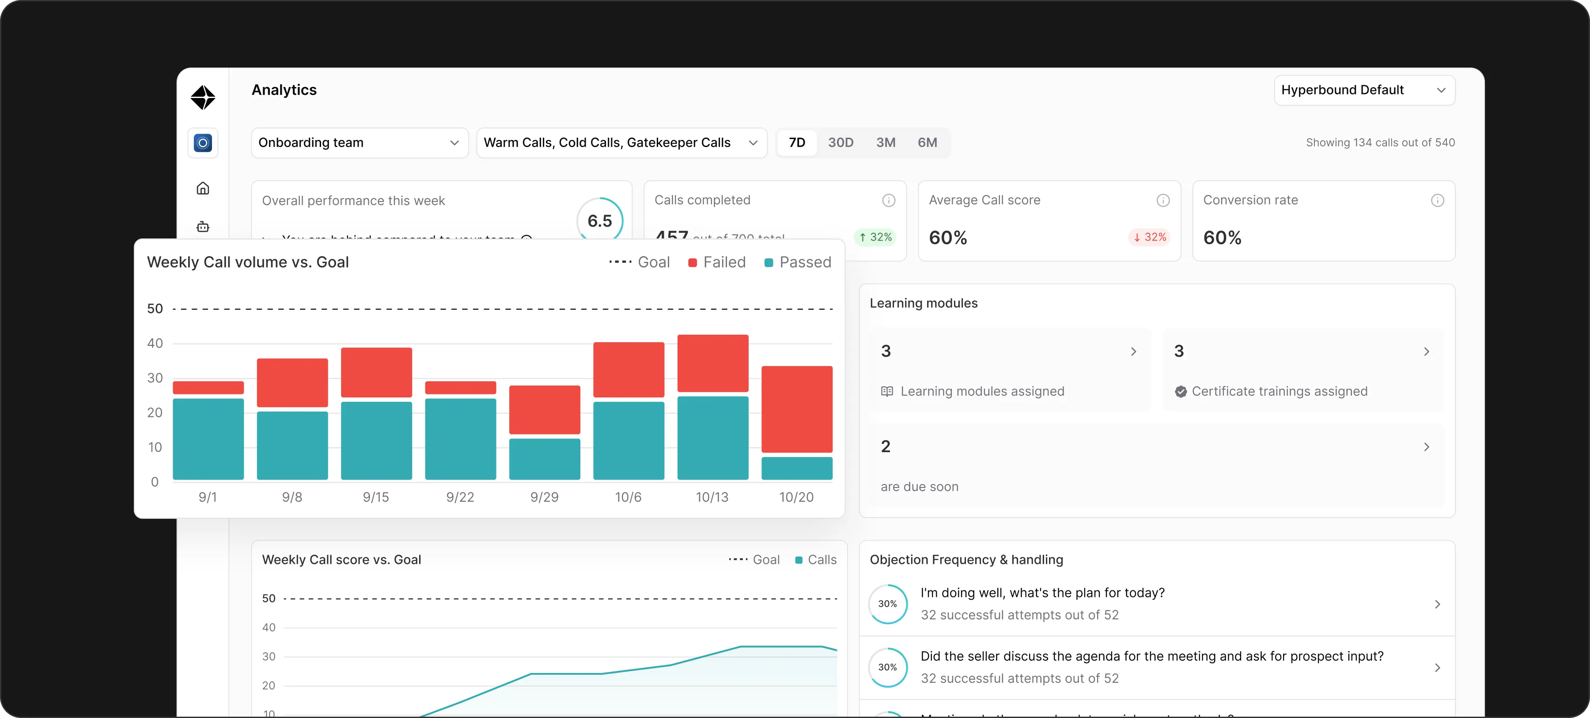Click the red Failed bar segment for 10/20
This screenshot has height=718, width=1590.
[x=797, y=409]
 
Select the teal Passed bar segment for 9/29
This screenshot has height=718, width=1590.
[x=545, y=459]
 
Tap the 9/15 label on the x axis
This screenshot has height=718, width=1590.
[x=376, y=497]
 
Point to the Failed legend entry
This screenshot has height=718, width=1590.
[x=717, y=262]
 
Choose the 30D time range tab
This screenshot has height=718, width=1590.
[x=840, y=143]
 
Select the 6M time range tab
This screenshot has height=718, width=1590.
[x=927, y=143]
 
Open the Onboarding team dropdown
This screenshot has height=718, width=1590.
[x=359, y=143]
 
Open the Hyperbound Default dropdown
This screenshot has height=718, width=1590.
[x=1364, y=90]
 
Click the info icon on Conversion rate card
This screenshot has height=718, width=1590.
[x=1437, y=200]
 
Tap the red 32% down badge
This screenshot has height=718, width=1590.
[x=1149, y=237]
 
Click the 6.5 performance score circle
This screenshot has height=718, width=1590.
[x=599, y=220]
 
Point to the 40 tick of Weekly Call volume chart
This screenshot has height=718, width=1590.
[x=155, y=343]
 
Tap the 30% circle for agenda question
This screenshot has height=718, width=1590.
[x=888, y=667]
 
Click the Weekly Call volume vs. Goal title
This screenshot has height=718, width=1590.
[x=247, y=262]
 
